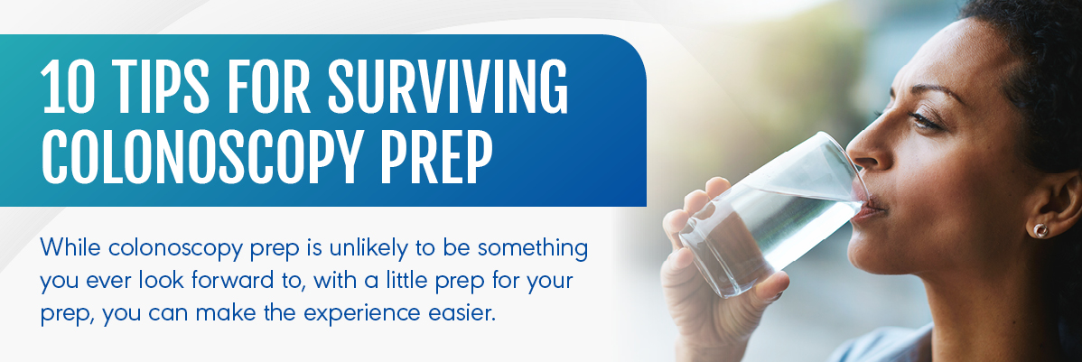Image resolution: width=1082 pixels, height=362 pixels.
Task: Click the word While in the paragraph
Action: click(70, 247)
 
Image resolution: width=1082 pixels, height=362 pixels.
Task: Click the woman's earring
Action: click(1040, 230)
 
